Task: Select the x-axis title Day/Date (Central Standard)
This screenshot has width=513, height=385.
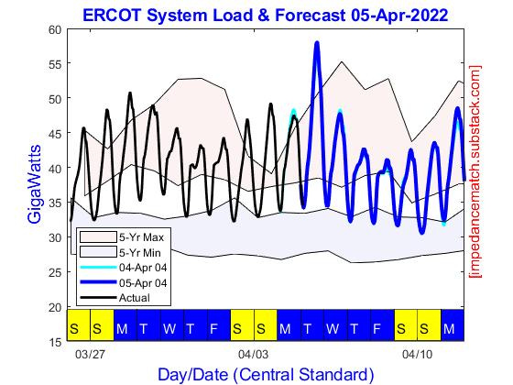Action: click(266, 374)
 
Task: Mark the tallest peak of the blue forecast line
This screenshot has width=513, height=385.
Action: click(316, 43)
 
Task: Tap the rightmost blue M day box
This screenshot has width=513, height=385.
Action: click(449, 326)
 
